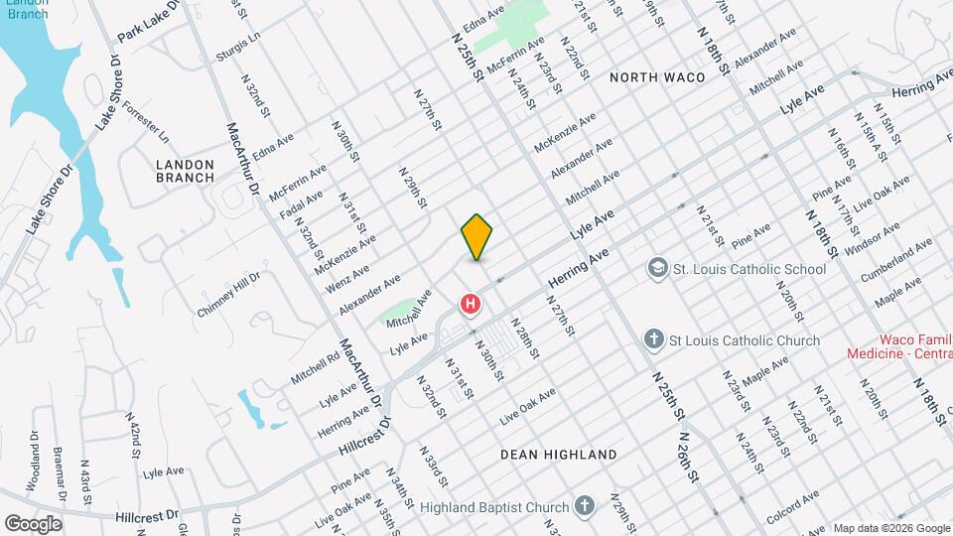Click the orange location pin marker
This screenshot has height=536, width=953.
click(476, 236)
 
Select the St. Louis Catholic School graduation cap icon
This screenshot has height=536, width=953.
click(656, 268)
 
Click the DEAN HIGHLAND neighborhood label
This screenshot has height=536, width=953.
click(558, 454)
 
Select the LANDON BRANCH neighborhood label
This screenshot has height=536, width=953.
click(185, 171)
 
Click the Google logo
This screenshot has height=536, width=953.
click(33, 523)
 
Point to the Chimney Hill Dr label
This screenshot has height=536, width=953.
click(227, 295)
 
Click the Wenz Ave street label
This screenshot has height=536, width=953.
click(346, 278)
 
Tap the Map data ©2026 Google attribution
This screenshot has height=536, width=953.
click(889, 527)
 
